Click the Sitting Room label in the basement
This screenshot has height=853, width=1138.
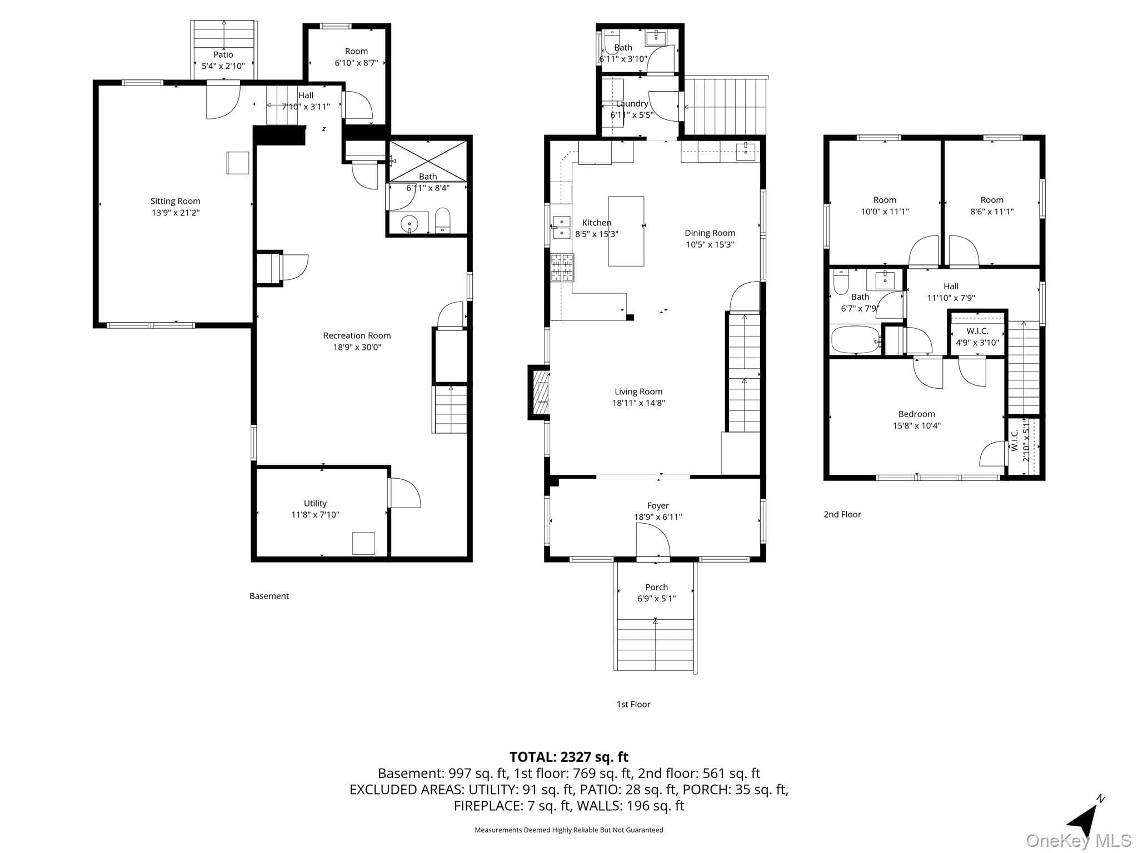pyautogui.click(x=175, y=201)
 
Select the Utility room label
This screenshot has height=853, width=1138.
pyautogui.click(x=315, y=503)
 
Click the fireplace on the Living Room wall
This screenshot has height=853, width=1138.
pyautogui.click(x=539, y=393)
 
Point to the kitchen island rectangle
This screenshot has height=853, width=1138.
pyautogui.click(x=626, y=231)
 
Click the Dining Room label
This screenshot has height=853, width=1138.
pyautogui.click(x=710, y=233)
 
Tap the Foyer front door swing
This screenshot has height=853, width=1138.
pyautogui.click(x=653, y=539)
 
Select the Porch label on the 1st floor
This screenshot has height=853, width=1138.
pyautogui.click(x=656, y=587)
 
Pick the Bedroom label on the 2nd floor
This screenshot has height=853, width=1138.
pyautogui.click(x=916, y=414)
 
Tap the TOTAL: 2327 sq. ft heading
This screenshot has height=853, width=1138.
pyautogui.click(x=569, y=756)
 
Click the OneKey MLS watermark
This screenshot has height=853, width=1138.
pyautogui.click(x=1079, y=841)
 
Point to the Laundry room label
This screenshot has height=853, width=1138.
pyautogui.click(x=632, y=103)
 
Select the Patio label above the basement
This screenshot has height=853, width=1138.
pyautogui.click(x=223, y=54)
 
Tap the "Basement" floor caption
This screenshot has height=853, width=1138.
pyautogui.click(x=269, y=596)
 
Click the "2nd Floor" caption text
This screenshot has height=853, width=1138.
pyautogui.click(x=842, y=514)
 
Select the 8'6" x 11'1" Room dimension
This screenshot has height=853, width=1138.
pyautogui.click(x=992, y=212)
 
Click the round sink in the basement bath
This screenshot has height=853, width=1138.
pyautogui.click(x=409, y=224)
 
